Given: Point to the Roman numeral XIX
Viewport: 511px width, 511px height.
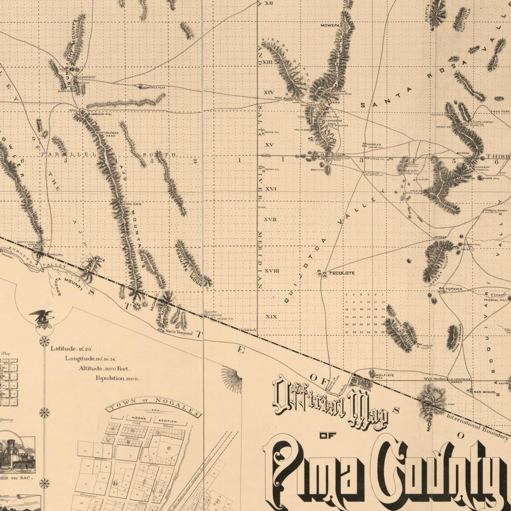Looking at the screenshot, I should [x=271, y=316].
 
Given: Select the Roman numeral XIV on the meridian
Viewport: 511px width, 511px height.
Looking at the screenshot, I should [x=269, y=92].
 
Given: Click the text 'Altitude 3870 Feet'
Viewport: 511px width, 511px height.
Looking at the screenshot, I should [x=104, y=368].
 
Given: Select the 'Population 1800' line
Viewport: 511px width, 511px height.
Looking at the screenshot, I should [x=117, y=378].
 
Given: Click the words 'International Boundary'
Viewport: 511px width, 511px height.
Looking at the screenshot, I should [x=477, y=426].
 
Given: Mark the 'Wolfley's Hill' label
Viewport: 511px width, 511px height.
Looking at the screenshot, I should [x=385, y=376].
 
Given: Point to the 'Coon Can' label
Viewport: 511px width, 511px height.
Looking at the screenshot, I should [x=131, y=204].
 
